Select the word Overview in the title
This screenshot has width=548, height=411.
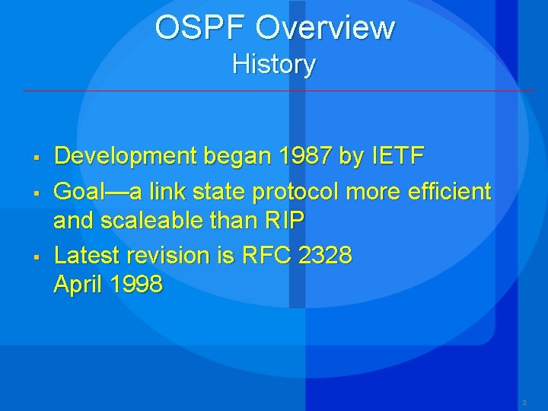click(325, 28)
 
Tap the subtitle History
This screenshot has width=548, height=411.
click(274, 64)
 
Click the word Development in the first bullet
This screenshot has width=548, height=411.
click(125, 157)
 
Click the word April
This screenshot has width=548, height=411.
click(78, 285)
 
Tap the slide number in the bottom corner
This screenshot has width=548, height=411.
click(524, 401)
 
